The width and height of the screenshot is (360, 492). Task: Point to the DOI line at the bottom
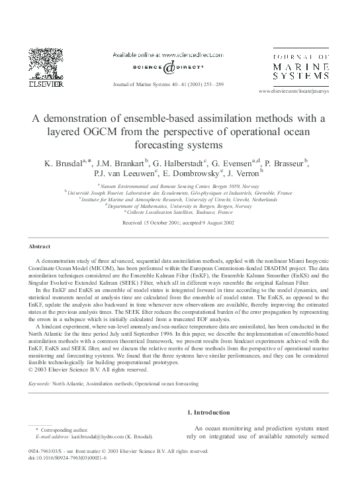tap(64, 457)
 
